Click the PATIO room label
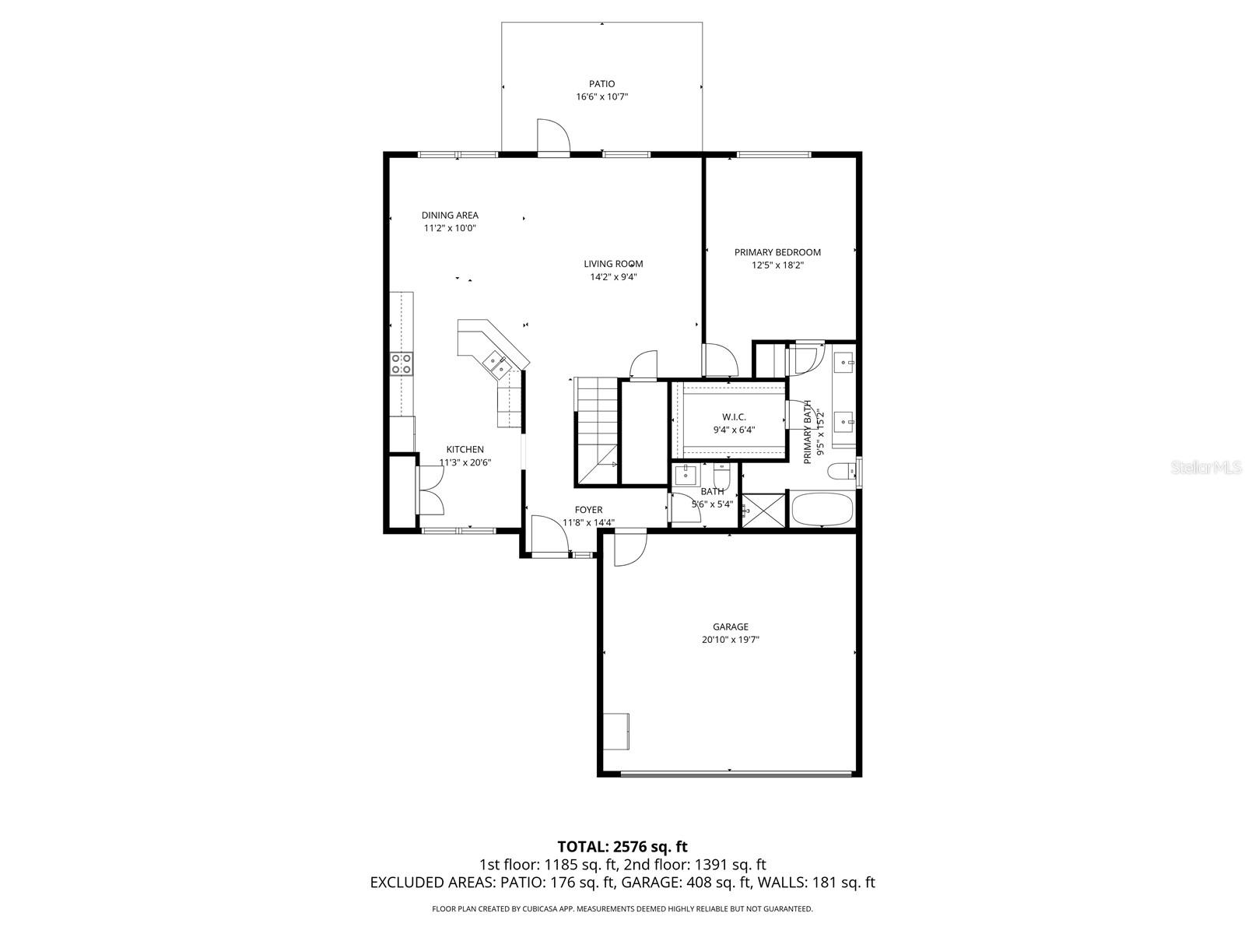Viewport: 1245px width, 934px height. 601,84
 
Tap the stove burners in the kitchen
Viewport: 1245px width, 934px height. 402,363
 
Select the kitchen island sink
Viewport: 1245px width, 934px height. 495,362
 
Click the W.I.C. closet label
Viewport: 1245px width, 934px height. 734,417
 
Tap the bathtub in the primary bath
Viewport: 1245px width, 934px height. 822,510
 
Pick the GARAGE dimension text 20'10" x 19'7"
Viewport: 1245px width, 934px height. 730,640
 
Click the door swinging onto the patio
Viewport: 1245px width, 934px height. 553,137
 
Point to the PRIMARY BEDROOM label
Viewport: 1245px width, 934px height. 777,252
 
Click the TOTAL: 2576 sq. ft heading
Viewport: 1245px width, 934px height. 622,846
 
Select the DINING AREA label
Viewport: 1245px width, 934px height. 450,216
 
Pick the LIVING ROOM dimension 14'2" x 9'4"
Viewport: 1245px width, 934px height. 613,276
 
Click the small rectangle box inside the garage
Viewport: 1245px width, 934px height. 618,730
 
